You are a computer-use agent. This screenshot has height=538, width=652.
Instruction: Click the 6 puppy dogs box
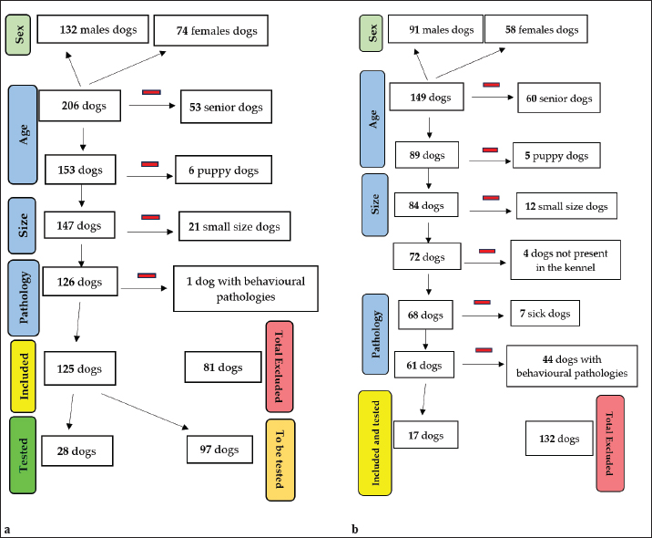coord(224,171)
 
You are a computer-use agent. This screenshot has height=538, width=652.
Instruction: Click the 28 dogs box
coord(78,450)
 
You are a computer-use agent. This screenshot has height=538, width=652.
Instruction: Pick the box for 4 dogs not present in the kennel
coord(565,259)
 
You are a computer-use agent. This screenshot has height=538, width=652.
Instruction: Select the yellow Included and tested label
coord(375,440)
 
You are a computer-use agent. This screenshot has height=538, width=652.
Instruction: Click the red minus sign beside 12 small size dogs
coord(490,197)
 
